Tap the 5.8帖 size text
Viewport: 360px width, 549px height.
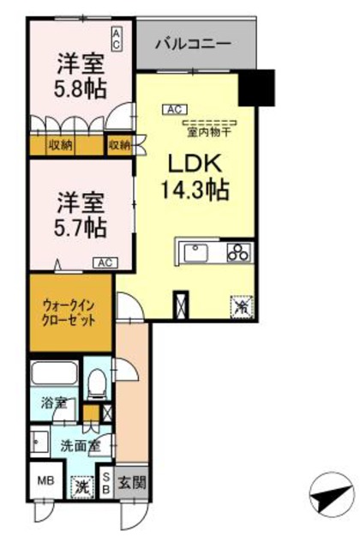[81, 88]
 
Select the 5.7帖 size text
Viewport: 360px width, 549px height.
[81, 227]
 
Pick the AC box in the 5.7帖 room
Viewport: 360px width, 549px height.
[105, 262]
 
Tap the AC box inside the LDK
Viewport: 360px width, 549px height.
[174, 109]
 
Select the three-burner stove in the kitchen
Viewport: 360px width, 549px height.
[238, 252]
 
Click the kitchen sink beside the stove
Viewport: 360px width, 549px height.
[194, 252]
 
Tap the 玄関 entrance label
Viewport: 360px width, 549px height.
[132, 482]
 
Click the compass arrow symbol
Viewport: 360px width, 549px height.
[329, 495]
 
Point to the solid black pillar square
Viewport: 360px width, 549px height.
[256, 87]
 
